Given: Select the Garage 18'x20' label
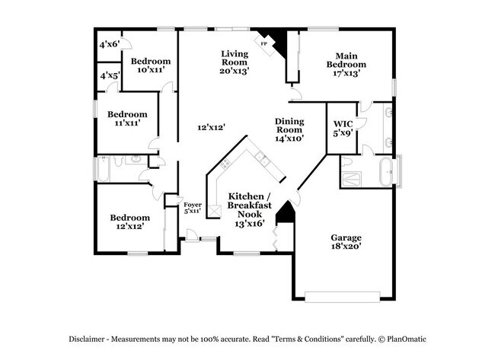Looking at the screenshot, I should (345, 241).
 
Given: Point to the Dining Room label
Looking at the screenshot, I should (289, 129).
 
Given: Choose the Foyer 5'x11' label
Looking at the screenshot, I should (193, 207).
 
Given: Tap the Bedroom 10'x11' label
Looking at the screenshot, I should (150, 65).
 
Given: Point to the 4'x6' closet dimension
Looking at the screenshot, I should (109, 44).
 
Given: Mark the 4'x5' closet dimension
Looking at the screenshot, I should (109, 75).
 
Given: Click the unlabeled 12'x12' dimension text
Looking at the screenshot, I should (212, 127).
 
